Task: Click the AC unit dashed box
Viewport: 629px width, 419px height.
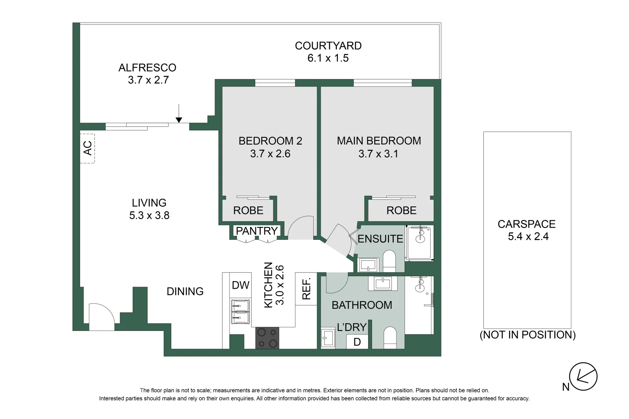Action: point(87,148)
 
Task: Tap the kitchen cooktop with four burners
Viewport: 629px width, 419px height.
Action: point(267,338)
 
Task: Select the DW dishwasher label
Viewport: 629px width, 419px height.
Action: point(240,285)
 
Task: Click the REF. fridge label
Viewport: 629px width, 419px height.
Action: point(306,289)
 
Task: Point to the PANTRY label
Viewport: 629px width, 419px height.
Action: point(257,231)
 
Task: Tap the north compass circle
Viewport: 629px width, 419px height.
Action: point(583,376)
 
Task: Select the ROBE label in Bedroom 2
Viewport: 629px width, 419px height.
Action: point(248,210)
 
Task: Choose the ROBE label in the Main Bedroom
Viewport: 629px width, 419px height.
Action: point(401,210)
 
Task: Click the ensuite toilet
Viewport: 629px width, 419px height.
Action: point(389,260)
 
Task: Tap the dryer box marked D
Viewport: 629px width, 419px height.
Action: point(357,342)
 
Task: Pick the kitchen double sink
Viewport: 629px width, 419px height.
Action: point(240,312)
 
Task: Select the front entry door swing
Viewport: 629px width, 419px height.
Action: point(101,317)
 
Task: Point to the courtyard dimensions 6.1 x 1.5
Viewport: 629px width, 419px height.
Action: point(328,58)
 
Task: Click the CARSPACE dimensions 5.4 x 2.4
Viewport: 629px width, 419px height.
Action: point(528,237)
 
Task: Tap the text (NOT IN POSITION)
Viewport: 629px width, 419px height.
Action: point(527,335)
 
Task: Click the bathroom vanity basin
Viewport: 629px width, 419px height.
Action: point(385,283)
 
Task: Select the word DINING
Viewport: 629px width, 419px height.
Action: point(185,291)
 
